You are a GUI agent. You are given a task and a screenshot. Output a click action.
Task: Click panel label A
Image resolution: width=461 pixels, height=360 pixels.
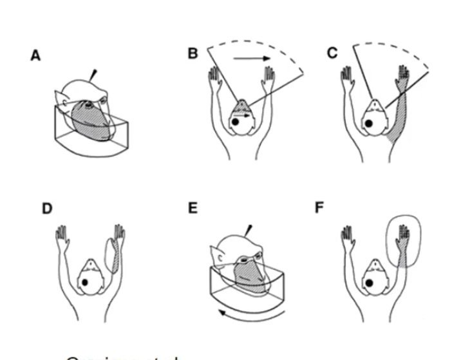(36, 56)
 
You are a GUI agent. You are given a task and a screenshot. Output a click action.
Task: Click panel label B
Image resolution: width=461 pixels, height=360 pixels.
(193, 53)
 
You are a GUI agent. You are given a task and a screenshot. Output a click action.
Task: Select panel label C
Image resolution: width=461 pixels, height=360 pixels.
(332, 53)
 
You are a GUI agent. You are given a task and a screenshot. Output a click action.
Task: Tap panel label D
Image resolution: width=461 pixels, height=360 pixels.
(46, 209)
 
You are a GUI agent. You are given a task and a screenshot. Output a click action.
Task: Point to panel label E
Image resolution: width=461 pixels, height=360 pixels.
(193, 209)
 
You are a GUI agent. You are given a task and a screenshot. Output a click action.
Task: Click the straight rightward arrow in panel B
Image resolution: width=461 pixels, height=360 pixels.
(252, 59)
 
